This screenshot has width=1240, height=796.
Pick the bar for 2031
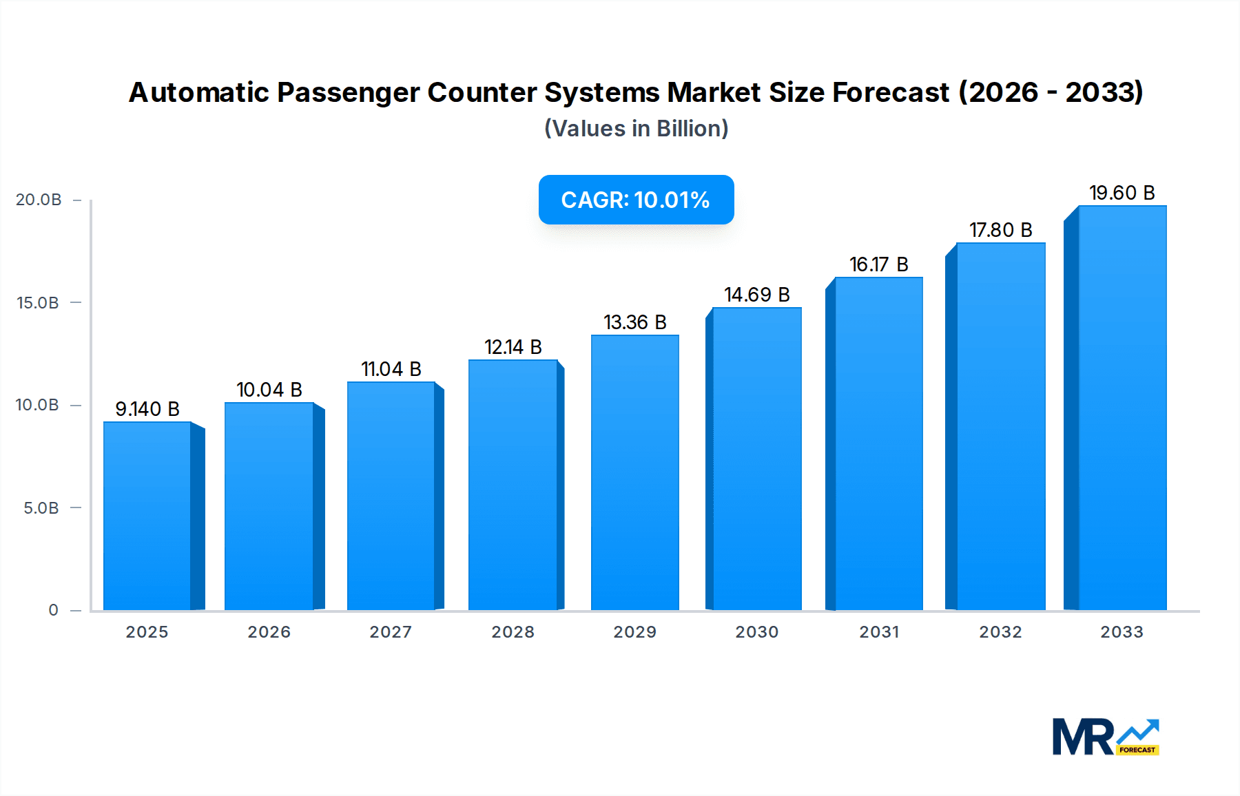[878, 443]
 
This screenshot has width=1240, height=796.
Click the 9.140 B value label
[147, 409]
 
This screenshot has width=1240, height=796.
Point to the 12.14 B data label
[513, 347]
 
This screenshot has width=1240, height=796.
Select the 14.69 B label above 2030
[756, 295]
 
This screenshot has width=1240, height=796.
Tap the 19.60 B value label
[1122, 193]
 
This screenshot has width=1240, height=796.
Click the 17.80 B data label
[1000, 230]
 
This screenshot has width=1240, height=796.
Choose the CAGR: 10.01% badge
[636, 200]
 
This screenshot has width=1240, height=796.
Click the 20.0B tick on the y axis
[39, 200]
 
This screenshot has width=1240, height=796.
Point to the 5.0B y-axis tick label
[41, 508]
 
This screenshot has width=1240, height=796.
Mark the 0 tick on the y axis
[53, 610]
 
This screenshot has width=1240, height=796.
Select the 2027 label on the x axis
[391, 632]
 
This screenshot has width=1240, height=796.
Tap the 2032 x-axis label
[1000, 632]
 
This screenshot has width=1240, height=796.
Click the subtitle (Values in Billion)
[636, 129]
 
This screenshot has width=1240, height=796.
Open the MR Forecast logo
[1105, 737]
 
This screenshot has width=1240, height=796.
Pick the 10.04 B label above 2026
[269, 390]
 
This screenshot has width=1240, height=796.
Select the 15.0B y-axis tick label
[38, 303]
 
